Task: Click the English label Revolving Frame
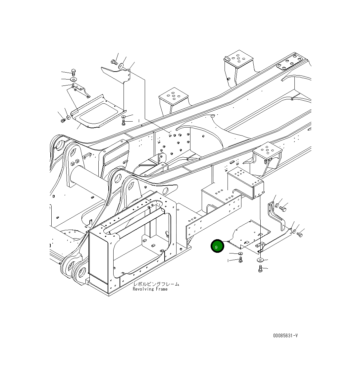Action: [x=150, y=289]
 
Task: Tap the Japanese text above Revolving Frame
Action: [x=156, y=284]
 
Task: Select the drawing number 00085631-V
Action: [x=285, y=335]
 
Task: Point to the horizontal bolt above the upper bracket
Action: [x=114, y=62]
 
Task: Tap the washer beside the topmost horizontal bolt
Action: [x=122, y=66]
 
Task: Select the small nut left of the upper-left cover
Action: [x=63, y=120]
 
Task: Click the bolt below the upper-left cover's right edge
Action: [x=124, y=123]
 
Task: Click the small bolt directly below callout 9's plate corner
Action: [x=241, y=260]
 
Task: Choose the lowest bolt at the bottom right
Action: [x=260, y=269]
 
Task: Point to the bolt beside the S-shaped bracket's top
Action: [x=283, y=209]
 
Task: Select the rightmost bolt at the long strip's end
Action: [x=300, y=235]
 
